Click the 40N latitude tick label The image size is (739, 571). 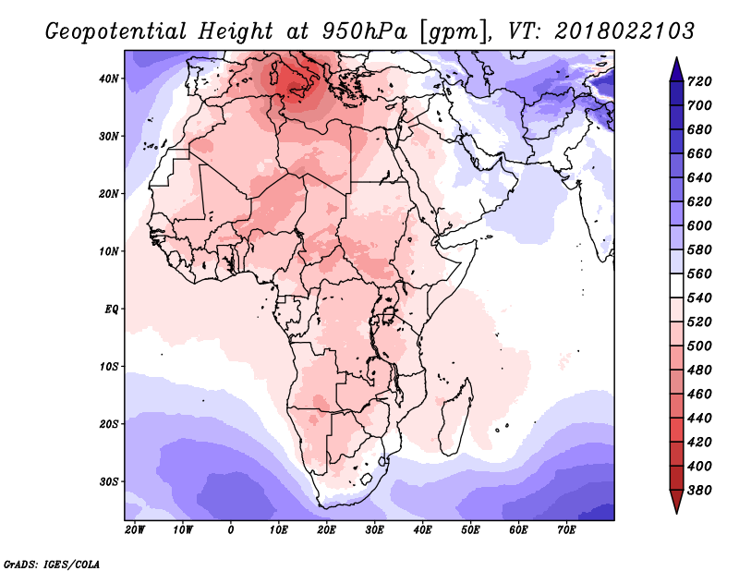pyautogui.click(x=109, y=79)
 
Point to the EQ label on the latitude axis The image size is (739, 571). pyautogui.click(x=111, y=310)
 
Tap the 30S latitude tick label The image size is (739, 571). pyautogui.click(x=109, y=482)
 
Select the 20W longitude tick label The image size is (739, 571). pyautogui.click(x=135, y=530)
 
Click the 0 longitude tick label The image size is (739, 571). pyautogui.click(x=230, y=530)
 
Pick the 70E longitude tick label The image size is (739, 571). pyautogui.click(x=566, y=530)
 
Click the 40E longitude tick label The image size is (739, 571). pyautogui.click(x=422, y=530)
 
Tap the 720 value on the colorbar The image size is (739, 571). pyautogui.click(x=699, y=81)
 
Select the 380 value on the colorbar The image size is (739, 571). pyautogui.click(x=699, y=491)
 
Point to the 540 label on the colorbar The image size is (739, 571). pyautogui.click(x=699, y=298)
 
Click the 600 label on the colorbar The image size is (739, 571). pyautogui.click(x=699, y=225)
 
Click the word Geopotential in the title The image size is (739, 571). pyautogui.click(x=116, y=32)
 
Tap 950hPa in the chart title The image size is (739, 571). pyautogui.click(x=365, y=31)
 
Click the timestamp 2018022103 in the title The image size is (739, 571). pyautogui.click(x=624, y=31)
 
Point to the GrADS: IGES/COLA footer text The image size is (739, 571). pyautogui.click(x=52, y=565)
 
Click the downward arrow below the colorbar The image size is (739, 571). pyautogui.click(x=676, y=502)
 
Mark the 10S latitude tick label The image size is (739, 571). pyautogui.click(x=109, y=367)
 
